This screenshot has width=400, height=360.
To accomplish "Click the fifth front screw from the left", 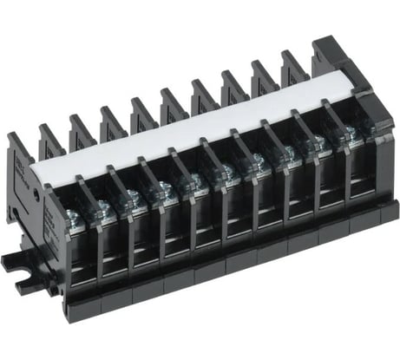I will pyautogui.click(x=196, y=180).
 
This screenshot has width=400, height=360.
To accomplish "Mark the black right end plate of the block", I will pyautogui.click(x=382, y=156).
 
